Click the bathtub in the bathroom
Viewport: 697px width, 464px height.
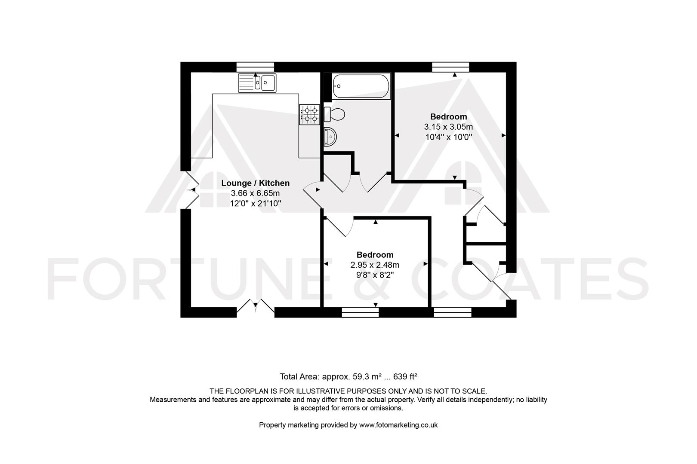(361, 86)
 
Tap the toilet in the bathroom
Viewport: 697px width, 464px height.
(334, 114)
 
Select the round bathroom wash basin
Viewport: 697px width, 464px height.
(330, 137)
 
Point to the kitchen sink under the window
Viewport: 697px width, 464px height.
(257, 82)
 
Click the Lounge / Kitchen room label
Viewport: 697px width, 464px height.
(255, 183)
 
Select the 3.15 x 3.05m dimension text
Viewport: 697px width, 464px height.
(448, 127)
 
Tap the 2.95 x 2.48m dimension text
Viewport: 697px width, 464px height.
(375, 265)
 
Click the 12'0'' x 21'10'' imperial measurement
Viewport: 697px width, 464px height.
(256, 203)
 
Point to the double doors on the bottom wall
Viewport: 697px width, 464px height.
(255, 307)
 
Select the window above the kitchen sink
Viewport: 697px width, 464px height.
(255, 67)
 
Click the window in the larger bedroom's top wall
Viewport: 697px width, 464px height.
(450, 67)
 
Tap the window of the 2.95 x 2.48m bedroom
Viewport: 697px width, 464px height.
(360, 312)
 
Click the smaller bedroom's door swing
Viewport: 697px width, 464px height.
(340, 226)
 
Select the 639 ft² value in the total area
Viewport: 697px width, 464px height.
(405, 377)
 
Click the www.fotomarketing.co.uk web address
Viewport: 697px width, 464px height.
(398, 425)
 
